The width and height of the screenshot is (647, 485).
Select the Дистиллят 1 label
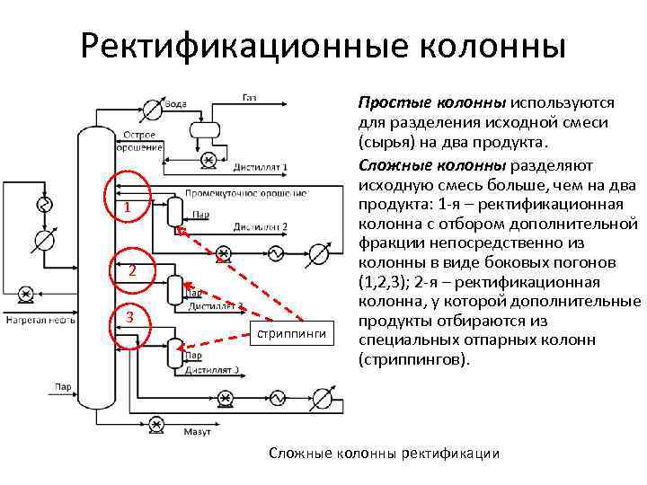(x=260, y=167)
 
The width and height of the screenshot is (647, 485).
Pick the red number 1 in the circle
(x=129, y=208)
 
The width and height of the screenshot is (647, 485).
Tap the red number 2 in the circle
(x=131, y=271)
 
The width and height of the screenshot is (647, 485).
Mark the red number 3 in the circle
(x=131, y=319)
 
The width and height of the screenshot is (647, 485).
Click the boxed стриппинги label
(x=294, y=334)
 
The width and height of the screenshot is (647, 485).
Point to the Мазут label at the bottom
(x=197, y=432)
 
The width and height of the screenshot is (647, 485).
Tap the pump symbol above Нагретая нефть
(x=26, y=293)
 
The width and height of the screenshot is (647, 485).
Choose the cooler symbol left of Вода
(x=152, y=110)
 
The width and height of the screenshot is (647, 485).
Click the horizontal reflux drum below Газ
(x=206, y=129)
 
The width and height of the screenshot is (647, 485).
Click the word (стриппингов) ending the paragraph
(x=412, y=359)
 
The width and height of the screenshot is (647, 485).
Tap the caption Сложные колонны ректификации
(x=384, y=453)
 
